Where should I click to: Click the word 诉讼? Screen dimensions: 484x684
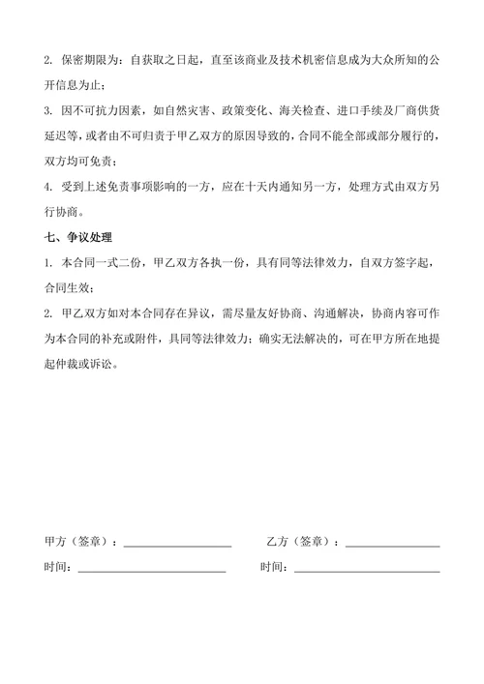click(126, 366)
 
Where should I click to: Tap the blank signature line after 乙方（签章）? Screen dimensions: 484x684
click(392, 546)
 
